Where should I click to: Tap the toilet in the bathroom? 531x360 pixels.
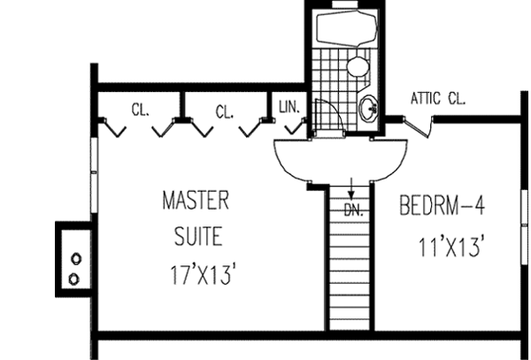(x=357, y=66)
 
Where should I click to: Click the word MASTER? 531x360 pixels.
(x=196, y=201)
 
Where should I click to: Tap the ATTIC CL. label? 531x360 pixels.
(x=437, y=98)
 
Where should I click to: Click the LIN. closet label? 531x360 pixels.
(x=289, y=107)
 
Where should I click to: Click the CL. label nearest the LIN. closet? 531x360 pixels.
(x=224, y=111)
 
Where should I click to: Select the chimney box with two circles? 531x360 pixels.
(x=73, y=256)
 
